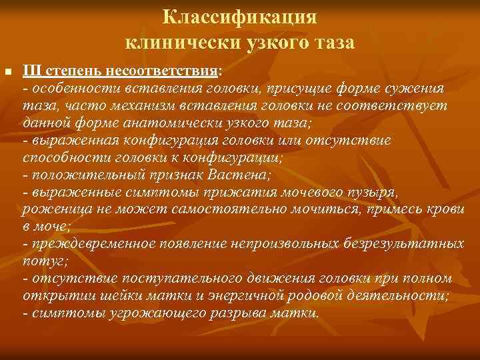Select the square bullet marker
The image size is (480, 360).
pyautogui.click(x=8, y=71)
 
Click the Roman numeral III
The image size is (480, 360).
pyautogui.click(x=32, y=70)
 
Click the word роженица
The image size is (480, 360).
pyautogui.click(x=50, y=209)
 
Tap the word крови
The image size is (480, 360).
pyautogui.click(x=445, y=209)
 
